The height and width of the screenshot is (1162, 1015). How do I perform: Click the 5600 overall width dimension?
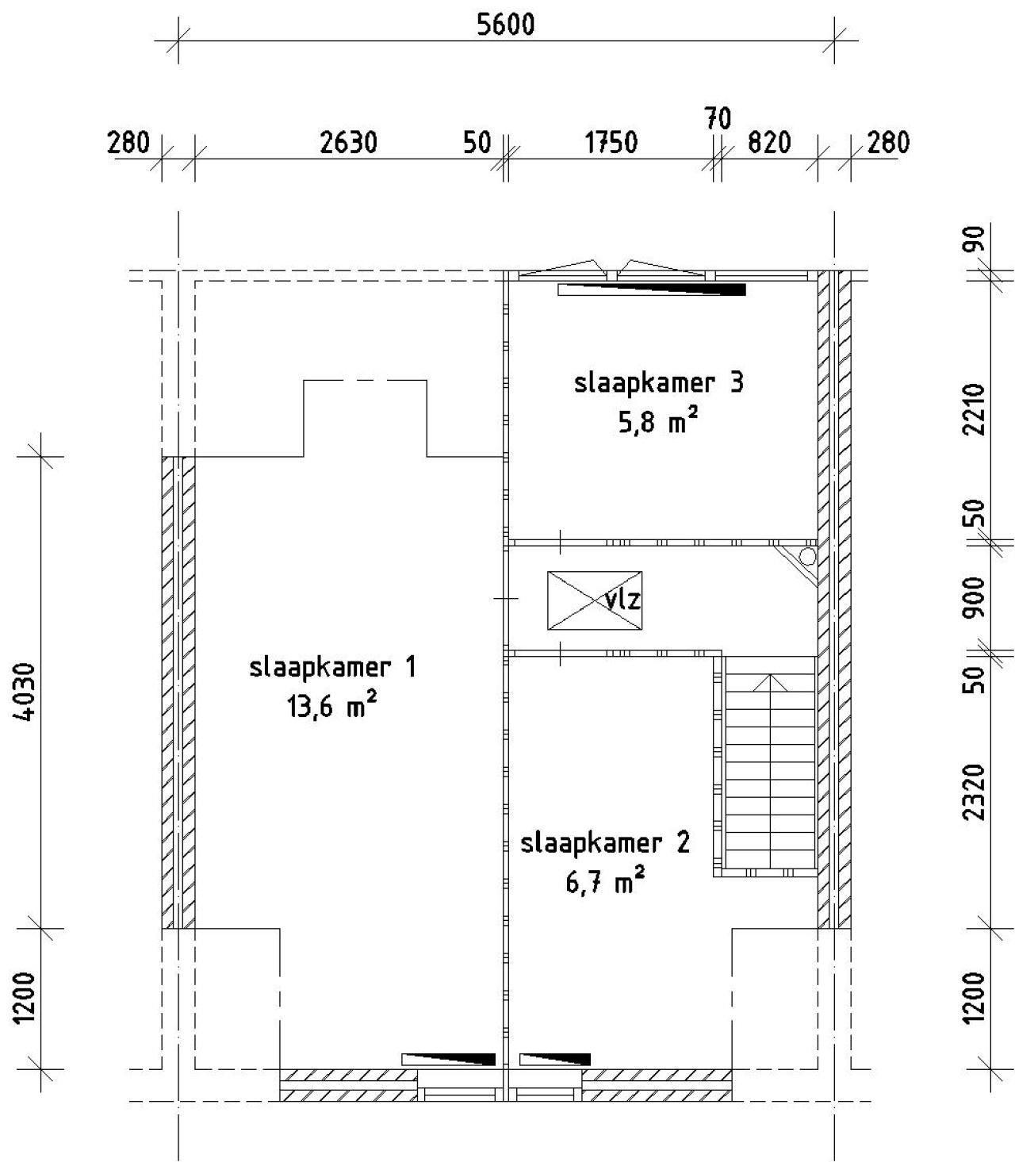pyautogui.click(x=505, y=25)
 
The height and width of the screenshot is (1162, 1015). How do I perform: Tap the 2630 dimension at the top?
pyautogui.click(x=349, y=143)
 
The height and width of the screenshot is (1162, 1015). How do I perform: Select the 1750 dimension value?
pyautogui.click(x=611, y=143)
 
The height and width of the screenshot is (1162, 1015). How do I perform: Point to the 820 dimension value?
pyautogui.click(x=769, y=143)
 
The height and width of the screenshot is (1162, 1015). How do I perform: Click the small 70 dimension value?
pyautogui.click(x=718, y=119)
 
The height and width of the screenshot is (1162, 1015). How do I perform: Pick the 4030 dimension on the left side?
pyautogui.click(x=25, y=691)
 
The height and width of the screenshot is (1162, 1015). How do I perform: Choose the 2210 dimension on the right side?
pyautogui.click(x=974, y=409)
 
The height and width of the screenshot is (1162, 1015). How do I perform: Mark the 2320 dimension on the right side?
pyautogui.click(x=974, y=792)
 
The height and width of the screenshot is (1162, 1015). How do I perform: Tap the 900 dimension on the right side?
pyautogui.click(x=974, y=597)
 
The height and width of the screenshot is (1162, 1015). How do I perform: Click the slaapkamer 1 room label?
pyautogui.click(x=333, y=667)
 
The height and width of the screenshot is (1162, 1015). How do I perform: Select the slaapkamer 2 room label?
pyautogui.click(x=605, y=843)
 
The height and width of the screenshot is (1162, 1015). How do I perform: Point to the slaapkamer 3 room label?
pyautogui.click(x=658, y=383)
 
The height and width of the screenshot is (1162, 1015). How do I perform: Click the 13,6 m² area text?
pyautogui.click(x=331, y=706)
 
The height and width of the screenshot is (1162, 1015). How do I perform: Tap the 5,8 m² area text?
pyautogui.click(x=658, y=421)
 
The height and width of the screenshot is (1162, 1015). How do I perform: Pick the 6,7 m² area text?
pyautogui.click(x=605, y=881)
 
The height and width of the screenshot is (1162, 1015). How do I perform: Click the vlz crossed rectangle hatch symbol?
pyautogui.click(x=595, y=600)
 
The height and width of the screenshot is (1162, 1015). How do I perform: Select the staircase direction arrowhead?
pyautogui.click(x=770, y=683)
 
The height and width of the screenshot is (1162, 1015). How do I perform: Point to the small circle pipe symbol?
pyautogui.click(x=807, y=556)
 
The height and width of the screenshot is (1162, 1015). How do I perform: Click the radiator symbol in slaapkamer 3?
pyautogui.click(x=652, y=290)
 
